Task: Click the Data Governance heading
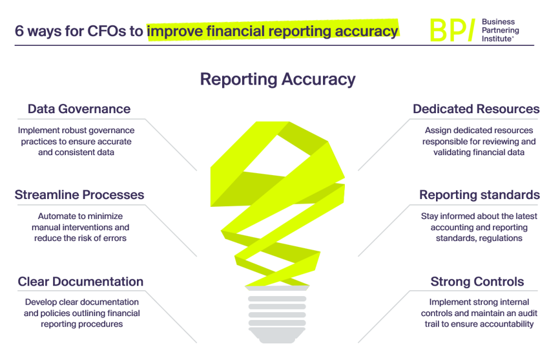pyautogui.click(x=79, y=109)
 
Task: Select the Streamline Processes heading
pyautogui.click(x=79, y=195)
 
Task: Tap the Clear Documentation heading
pyautogui.click(x=81, y=281)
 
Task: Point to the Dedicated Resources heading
pyautogui.click(x=476, y=109)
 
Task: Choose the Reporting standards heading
pyautogui.click(x=479, y=195)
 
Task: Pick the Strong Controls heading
pyautogui.click(x=477, y=281)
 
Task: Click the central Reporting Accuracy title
pyautogui.click(x=278, y=79)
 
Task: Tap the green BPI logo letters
pyautogui.click(x=451, y=30)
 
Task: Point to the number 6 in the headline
pyautogui.click(x=19, y=31)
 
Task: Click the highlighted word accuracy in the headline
pyautogui.click(x=365, y=31)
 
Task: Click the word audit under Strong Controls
pyautogui.click(x=517, y=313)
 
